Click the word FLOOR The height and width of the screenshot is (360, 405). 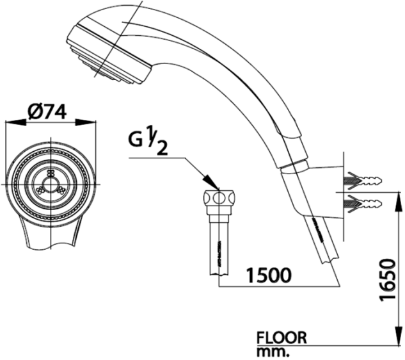(x=282, y=337)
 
